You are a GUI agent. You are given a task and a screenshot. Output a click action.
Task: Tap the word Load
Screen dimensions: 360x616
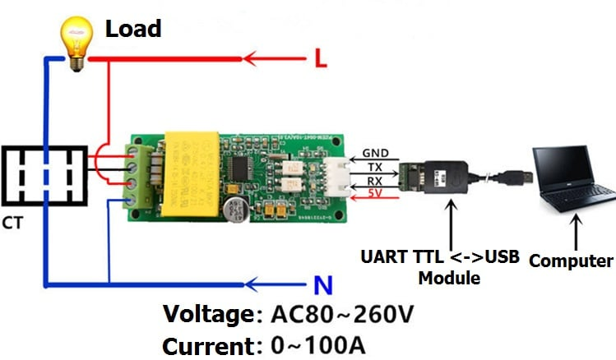point(132,30)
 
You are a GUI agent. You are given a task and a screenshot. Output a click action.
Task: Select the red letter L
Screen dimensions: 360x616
point(322,58)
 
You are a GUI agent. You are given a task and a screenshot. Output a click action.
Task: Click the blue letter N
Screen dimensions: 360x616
point(323,286)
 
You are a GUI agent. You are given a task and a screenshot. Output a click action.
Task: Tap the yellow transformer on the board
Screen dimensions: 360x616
point(197,177)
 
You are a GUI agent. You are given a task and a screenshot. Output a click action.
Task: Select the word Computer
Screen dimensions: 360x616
point(571,261)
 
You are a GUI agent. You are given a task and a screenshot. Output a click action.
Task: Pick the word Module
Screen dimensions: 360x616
point(449,278)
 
